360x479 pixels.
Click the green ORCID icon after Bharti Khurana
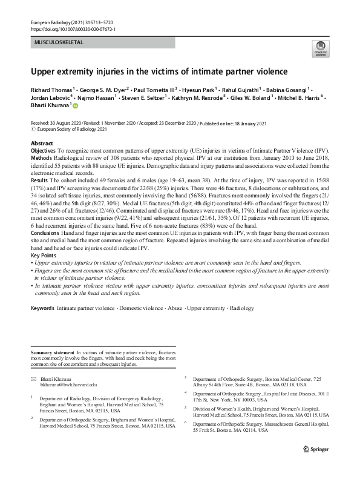pos(76,105)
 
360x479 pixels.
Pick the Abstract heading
pos(42,143)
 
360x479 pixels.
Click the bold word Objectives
pos(43,149)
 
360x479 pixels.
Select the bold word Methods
pos(41,156)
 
